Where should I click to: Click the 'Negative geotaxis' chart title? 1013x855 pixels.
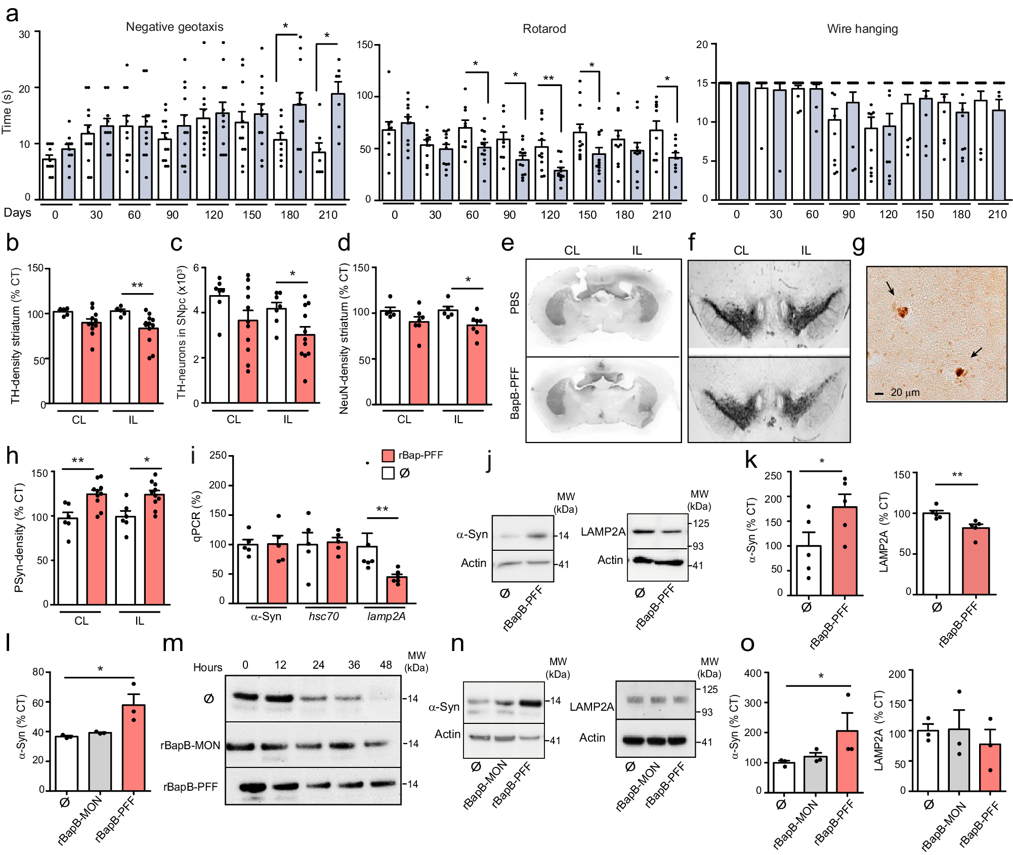174,27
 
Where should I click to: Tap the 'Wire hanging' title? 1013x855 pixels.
862,29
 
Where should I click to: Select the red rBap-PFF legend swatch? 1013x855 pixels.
388,455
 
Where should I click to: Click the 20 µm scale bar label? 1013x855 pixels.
905,392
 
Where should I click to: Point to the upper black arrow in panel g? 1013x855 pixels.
891,288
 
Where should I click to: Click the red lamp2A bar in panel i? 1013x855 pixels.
397,590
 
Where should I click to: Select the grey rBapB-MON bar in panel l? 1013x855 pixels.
100,761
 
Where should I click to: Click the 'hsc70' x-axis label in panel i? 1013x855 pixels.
323,616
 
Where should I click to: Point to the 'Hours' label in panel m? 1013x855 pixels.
207,667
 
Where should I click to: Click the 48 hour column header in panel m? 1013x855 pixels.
386,665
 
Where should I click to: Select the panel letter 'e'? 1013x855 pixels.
508,243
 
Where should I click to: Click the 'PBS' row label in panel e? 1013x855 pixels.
515,303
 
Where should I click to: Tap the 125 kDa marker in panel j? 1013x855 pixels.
701,523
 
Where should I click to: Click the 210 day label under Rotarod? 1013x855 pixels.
661,215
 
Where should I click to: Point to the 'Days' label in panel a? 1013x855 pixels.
17,213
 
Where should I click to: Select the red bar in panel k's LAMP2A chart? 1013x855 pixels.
975,561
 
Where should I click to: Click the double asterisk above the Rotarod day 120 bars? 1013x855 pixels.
548,78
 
